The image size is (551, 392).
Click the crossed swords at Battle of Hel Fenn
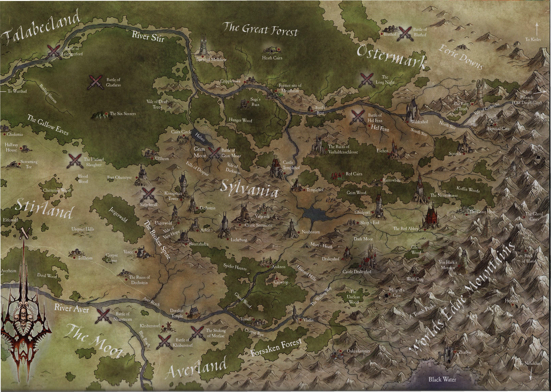pyautogui.click(x=358, y=117)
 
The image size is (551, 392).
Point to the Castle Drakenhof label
pyautogui.click(x=357, y=272)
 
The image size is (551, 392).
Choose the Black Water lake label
pyautogui.click(x=442, y=379)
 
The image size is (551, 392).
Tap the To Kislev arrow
pyautogui.click(x=536, y=28)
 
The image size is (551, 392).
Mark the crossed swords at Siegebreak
pyautogui.click(x=148, y=195)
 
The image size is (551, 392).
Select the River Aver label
pyautogui.click(x=71, y=308)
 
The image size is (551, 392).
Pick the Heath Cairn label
pyautogui.click(x=272, y=58)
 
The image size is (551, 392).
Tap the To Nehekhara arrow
pyautogui.click(x=531, y=373)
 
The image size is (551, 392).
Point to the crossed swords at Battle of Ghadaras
pyautogui.click(x=96, y=82)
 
